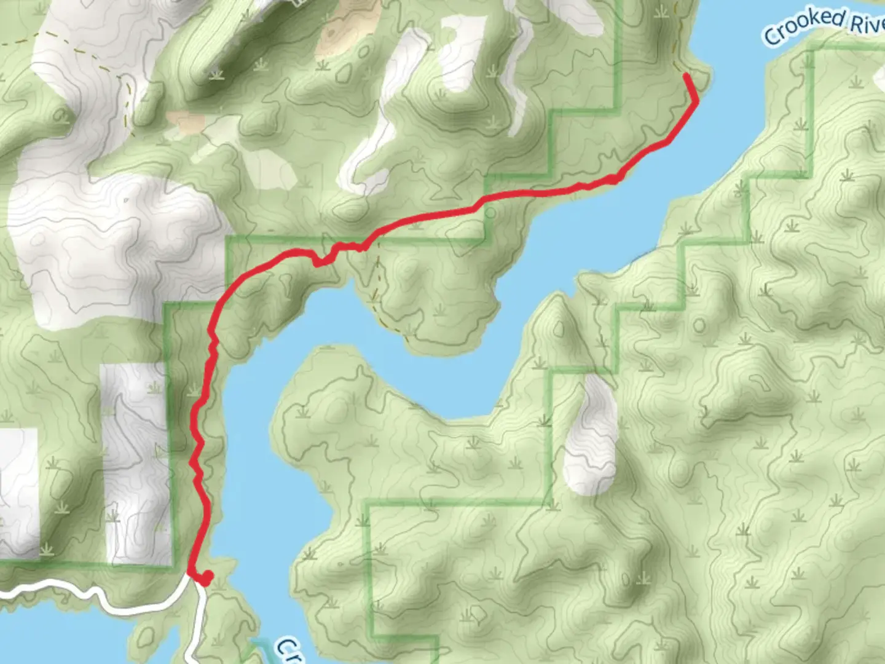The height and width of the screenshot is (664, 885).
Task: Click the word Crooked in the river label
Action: coord(804,25)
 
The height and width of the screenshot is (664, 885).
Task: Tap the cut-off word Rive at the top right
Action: coord(868,25)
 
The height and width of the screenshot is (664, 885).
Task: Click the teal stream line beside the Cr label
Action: coord(258,646)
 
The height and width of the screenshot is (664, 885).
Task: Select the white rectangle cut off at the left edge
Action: coord(18,492)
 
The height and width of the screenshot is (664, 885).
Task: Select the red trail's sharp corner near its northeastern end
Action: coord(695,100)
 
